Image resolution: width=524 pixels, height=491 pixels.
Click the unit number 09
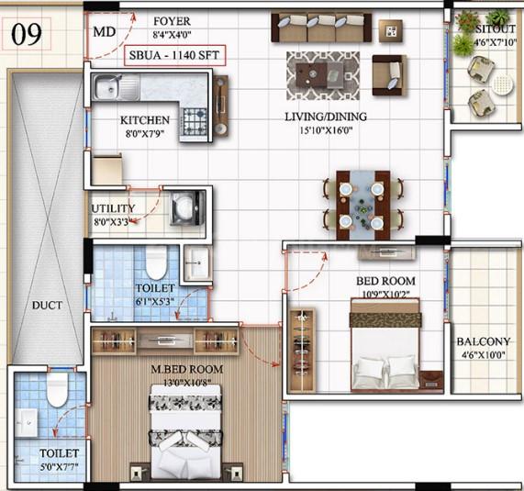pos(27,34)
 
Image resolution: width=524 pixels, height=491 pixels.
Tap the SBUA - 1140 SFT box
pos(174,55)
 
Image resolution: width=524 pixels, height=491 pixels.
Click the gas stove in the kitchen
pos(195,121)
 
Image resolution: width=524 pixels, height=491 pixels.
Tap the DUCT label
pos(47,306)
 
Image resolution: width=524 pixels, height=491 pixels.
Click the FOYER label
pos(172,21)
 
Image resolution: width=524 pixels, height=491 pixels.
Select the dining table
pos(362,206)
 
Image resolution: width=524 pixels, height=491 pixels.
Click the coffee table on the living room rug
pos(318,75)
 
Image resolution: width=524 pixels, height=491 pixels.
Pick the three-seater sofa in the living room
pos(321,28)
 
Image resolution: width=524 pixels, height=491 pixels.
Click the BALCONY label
pos(484,341)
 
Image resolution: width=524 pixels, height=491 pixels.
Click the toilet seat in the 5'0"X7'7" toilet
pos(57,389)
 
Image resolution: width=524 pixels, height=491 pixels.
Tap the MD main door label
pos(105,32)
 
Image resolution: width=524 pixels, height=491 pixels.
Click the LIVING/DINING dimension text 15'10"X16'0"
pos(326,130)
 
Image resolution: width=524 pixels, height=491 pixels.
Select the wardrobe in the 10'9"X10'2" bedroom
pos(302,350)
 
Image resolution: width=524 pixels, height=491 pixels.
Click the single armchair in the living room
pos(389,75)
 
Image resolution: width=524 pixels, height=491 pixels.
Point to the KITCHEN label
pos(145,120)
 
